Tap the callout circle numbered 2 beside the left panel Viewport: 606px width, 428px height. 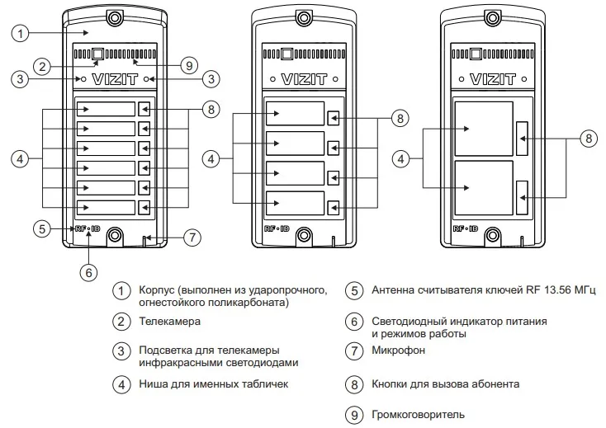tap(44, 66)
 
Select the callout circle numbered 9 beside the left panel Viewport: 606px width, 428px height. tap(188, 65)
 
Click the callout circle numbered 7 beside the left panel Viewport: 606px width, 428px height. tap(191, 238)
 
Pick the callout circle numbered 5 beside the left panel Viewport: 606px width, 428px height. tap(44, 228)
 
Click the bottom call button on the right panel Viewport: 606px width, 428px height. tap(523, 198)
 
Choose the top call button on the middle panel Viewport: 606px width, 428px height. tap(333, 118)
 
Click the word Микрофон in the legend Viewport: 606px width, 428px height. tap(398, 350)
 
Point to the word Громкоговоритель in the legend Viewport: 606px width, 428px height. tap(418, 414)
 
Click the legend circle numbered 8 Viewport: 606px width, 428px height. tap(354, 384)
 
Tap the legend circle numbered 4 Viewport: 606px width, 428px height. tap(122, 384)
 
